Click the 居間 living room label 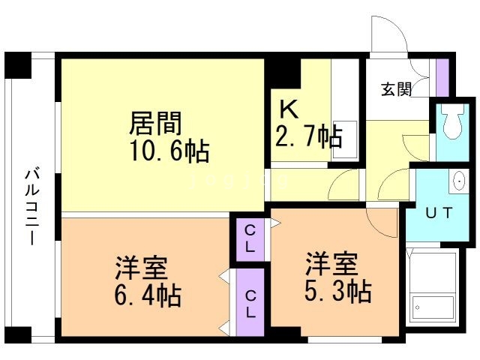pyautogui.click(x=155, y=123)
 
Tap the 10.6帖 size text pyautogui.click(x=170, y=151)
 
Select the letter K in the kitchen pyautogui.click(x=289, y=109)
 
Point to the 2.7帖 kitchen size pyautogui.click(x=308, y=136)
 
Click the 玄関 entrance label pyautogui.click(x=397, y=89)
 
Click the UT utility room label pyautogui.click(x=439, y=213)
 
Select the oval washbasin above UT pyautogui.click(x=459, y=181)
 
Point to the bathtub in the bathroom pyautogui.click(x=433, y=307)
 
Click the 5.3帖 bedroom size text pyautogui.click(x=338, y=291)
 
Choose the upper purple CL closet pyautogui.click(x=250, y=240)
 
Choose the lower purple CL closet pyautogui.click(x=250, y=302)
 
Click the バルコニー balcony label pyautogui.click(x=32, y=207)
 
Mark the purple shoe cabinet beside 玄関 pyautogui.click(x=442, y=77)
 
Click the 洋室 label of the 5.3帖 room pyautogui.click(x=331, y=263)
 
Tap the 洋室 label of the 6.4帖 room pyautogui.click(x=142, y=267)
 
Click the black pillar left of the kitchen pyautogui.click(x=283, y=73)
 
